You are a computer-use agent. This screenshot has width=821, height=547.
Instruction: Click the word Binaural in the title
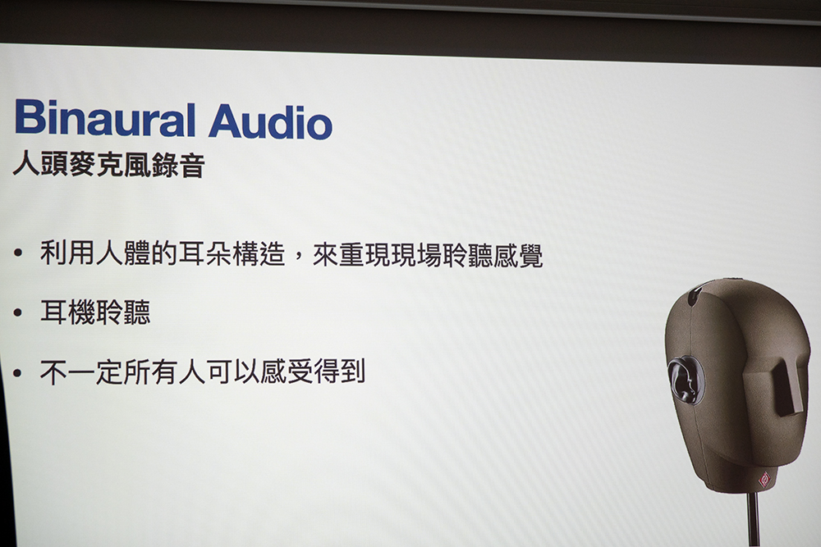click(105, 118)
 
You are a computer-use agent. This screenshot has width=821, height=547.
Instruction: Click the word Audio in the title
click(270, 121)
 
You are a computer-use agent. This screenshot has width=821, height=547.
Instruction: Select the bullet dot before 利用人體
click(18, 253)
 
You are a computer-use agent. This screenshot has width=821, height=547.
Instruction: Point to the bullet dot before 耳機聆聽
click(18, 313)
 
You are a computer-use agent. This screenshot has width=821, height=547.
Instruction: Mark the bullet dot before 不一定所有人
click(18, 373)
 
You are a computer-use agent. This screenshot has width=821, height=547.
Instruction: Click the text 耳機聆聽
click(95, 312)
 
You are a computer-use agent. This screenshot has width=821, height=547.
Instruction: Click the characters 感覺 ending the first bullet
click(516, 255)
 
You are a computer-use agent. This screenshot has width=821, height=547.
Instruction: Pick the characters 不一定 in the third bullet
click(81, 372)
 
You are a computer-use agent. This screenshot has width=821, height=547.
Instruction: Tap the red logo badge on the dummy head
click(764, 478)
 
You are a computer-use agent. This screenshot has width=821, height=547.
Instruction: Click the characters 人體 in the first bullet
click(123, 253)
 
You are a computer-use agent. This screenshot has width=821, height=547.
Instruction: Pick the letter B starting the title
click(28, 116)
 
